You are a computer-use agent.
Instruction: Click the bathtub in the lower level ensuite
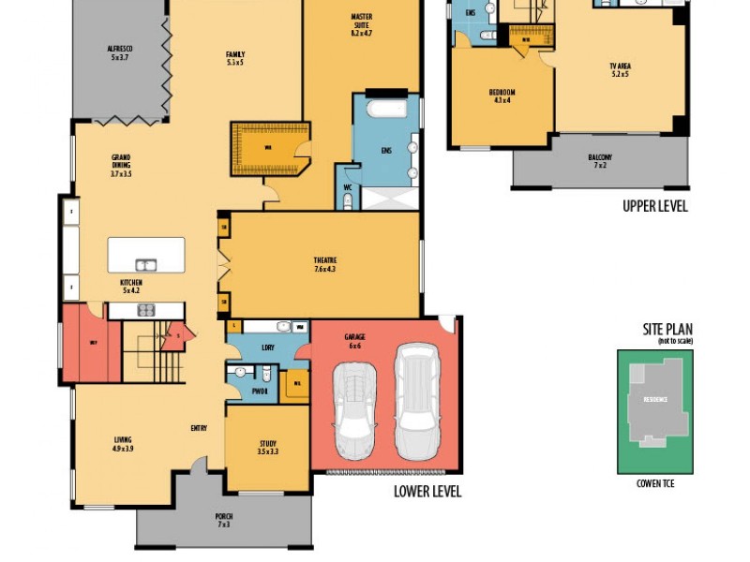[x=385, y=109]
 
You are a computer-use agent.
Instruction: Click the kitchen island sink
[x=145, y=265]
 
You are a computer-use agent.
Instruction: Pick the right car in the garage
[x=415, y=401]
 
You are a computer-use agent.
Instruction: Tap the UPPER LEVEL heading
[x=655, y=206]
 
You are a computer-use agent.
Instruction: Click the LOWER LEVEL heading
[x=427, y=491]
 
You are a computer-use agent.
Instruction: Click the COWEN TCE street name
[x=655, y=483]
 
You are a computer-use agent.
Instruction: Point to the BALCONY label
[x=600, y=160]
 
